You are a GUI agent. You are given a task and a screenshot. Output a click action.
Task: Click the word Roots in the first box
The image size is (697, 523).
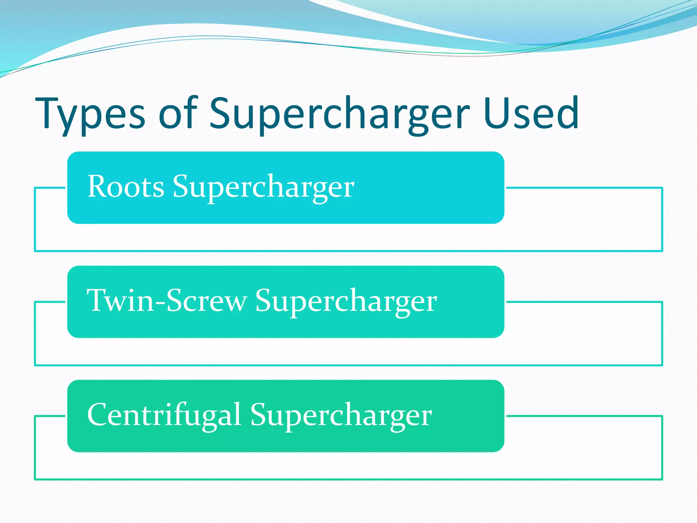(126, 187)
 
